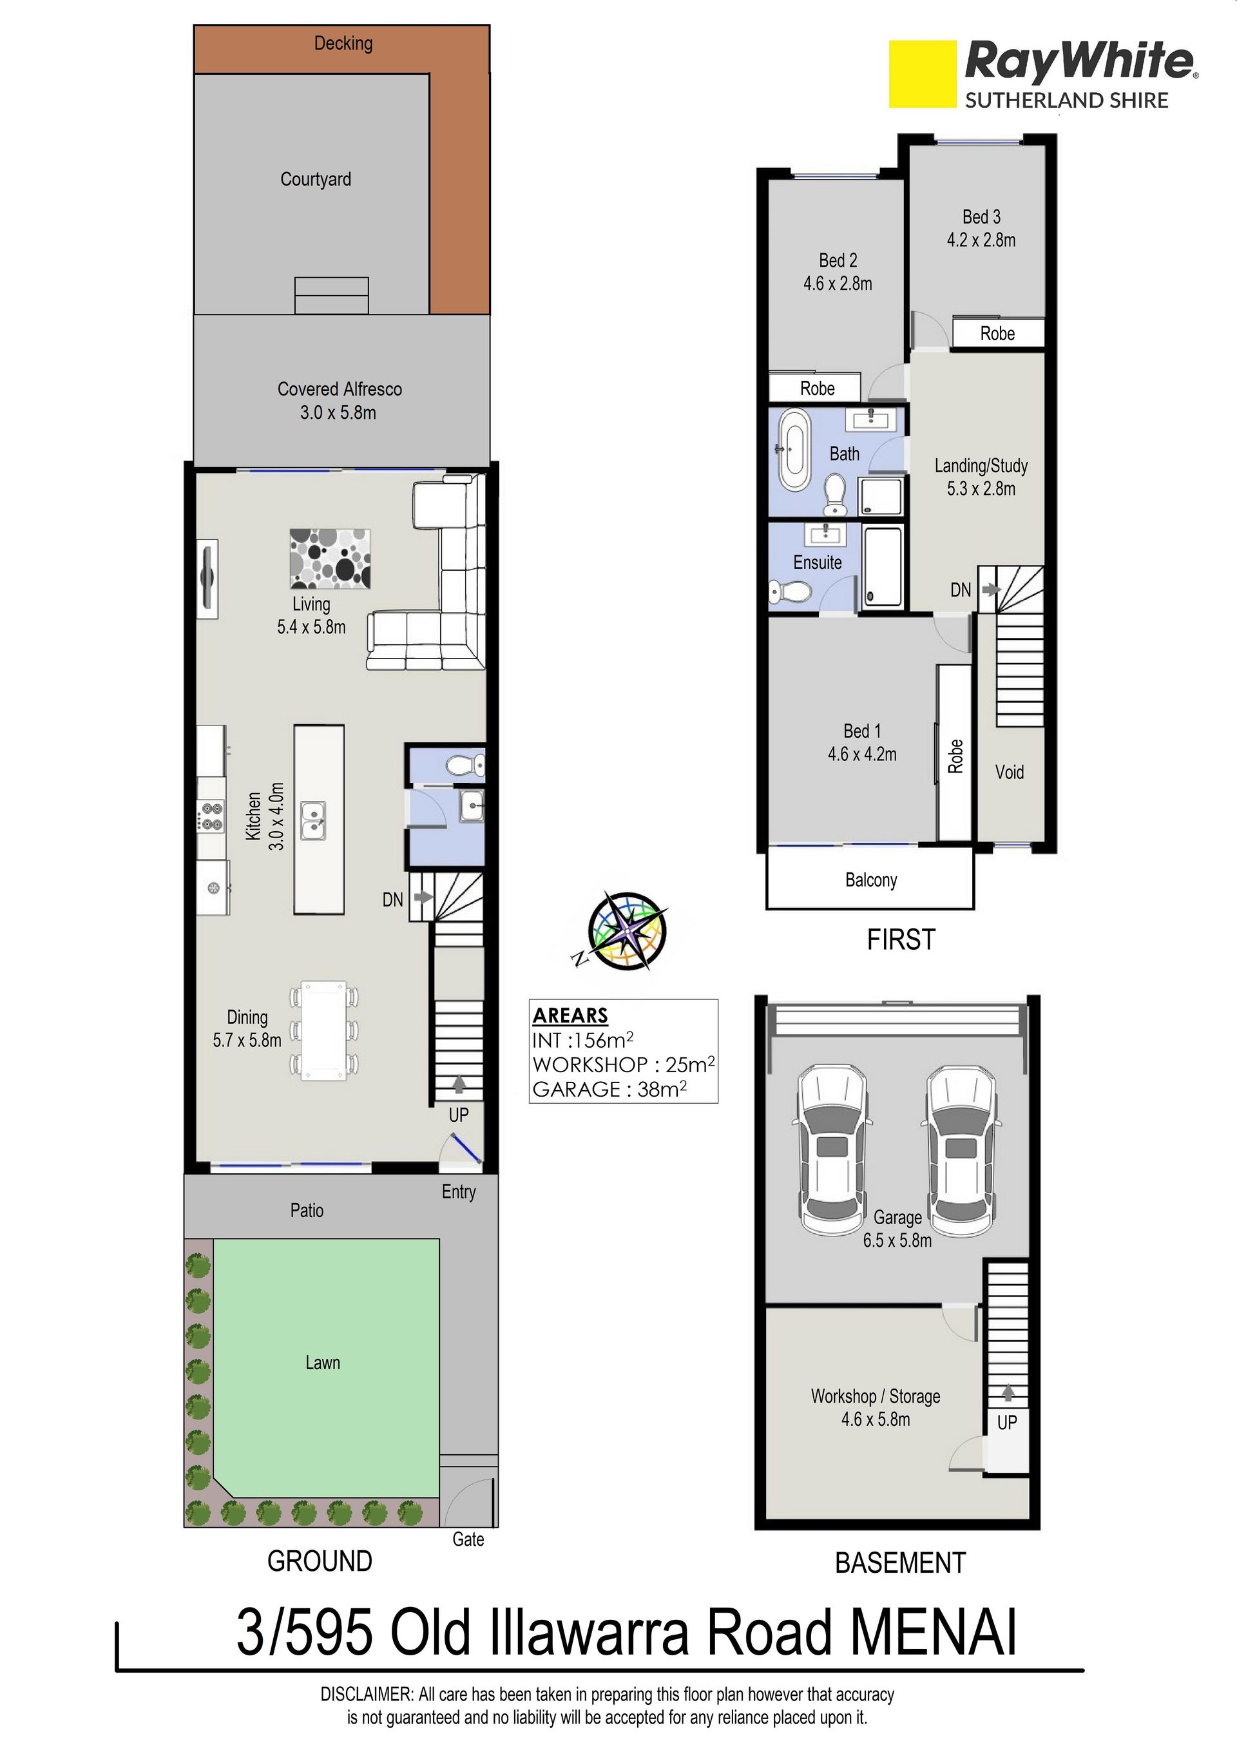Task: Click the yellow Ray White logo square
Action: click(922, 74)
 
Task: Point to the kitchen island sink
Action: click(312, 821)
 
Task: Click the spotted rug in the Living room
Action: click(330, 559)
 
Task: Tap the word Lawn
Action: click(322, 1363)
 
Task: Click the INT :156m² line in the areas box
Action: click(583, 1041)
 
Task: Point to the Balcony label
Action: click(871, 880)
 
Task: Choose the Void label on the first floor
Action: click(1009, 772)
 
